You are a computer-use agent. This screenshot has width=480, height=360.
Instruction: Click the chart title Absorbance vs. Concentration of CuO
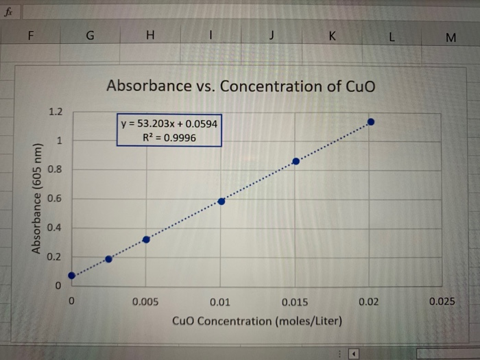click(241, 86)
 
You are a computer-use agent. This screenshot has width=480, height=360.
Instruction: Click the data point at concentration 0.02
click(371, 122)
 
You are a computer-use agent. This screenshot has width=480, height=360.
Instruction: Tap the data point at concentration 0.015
click(296, 161)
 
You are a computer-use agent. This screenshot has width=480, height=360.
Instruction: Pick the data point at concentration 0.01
click(221, 201)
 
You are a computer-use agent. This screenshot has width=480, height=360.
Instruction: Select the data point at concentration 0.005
click(146, 239)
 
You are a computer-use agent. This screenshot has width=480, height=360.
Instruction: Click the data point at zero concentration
click(72, 276)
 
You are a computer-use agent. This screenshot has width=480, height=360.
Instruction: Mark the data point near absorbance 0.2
click(109, 259)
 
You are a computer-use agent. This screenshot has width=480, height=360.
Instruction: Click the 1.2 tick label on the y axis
click(56, 112)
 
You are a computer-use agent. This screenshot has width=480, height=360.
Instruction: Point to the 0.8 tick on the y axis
click(56, 169)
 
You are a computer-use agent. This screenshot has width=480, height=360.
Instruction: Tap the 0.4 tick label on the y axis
click(56, 228)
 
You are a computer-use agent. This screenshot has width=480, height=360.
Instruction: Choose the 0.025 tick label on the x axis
click(442, 302)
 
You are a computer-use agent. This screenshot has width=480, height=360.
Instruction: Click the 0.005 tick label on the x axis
click(146, 302)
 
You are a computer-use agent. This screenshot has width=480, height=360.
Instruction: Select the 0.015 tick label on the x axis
click(295, 302)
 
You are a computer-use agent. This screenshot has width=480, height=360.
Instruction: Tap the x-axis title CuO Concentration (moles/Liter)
click(257, 321)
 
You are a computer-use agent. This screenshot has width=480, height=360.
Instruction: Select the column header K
click(333, 36)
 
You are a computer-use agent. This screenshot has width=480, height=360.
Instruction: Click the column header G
click(90, 36)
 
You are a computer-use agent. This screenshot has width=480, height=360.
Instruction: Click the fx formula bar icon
click(9, 9)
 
